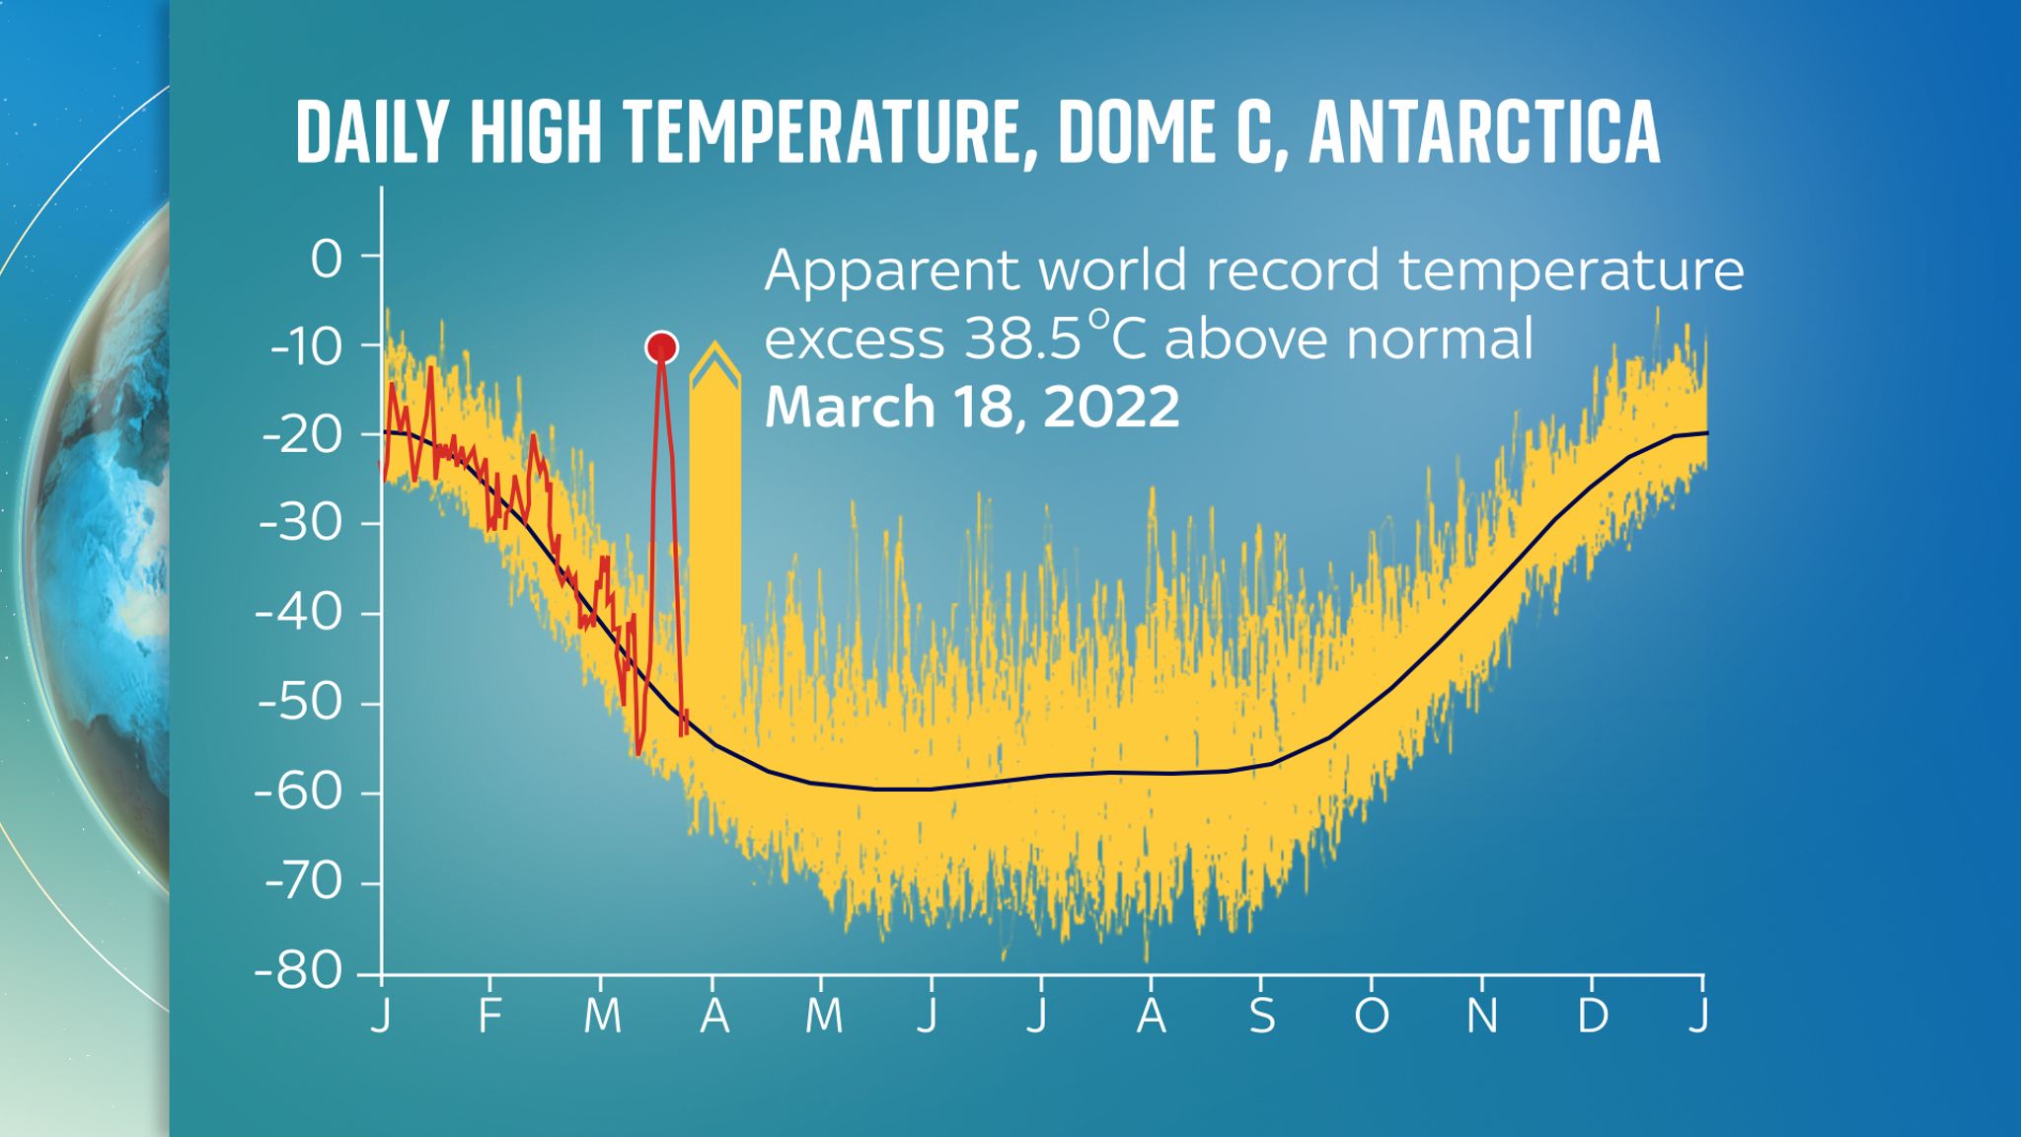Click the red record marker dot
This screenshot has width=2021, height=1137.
661,347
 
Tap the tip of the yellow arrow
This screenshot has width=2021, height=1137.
714,344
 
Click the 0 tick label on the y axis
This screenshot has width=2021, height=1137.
327,260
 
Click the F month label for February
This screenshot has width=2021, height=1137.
489,1016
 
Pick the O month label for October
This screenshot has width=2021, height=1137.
1372,1016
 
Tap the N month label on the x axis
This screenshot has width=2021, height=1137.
1482,1016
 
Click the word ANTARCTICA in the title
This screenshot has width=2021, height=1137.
1484,132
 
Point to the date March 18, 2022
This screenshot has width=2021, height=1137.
972,407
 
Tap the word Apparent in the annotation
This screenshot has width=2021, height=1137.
892,270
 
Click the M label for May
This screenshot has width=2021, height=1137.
823,1016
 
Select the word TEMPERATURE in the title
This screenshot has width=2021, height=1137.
824,132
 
